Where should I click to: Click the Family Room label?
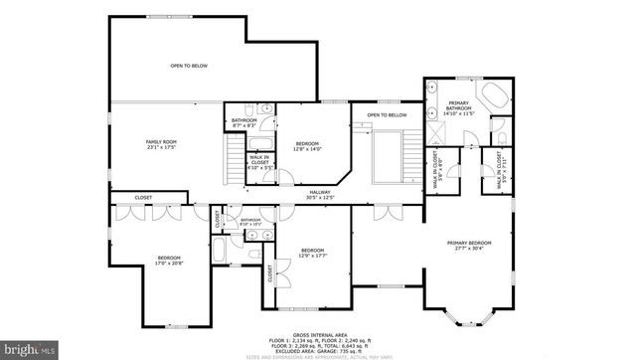click(160, 145)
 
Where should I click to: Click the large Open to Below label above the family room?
click(188, 66)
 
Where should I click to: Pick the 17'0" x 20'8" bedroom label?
click(169, 262)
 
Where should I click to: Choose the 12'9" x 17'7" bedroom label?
click(313, 253)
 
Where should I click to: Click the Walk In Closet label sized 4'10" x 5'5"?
click(259, 162)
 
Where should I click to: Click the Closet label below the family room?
click(143, 198)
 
